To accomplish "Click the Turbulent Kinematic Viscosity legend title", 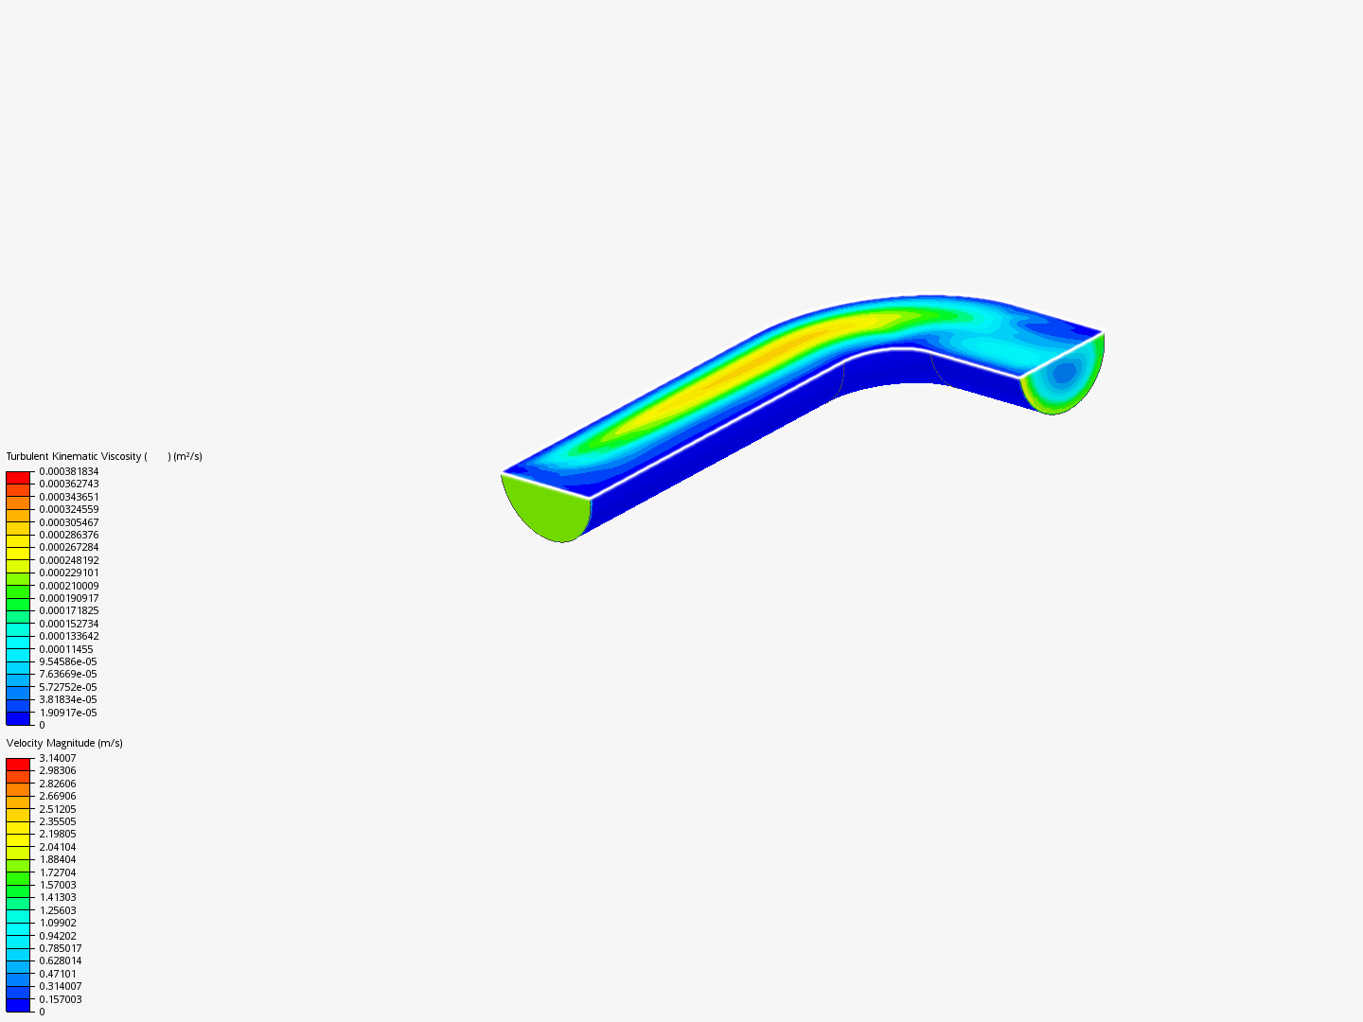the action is (104, 457).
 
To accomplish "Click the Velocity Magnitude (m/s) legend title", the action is (64, 744).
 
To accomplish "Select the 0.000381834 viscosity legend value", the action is (69, 471).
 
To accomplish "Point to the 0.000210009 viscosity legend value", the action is (69, 586).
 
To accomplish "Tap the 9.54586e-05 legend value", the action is (68, 661).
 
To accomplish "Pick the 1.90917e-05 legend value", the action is (68, 713).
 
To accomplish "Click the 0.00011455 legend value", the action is (66, 649).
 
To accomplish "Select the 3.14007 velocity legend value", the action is (58, 758).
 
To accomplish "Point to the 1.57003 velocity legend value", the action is (58, 885).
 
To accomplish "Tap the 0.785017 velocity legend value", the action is (61, 948).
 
